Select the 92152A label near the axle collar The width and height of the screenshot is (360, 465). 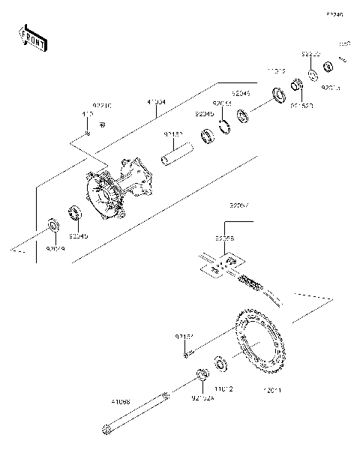202,397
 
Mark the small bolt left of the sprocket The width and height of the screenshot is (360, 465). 187,351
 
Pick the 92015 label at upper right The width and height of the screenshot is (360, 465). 330,88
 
